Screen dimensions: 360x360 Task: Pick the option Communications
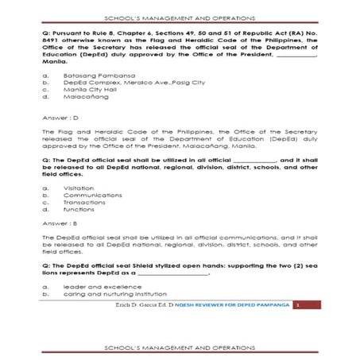point(87,195)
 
